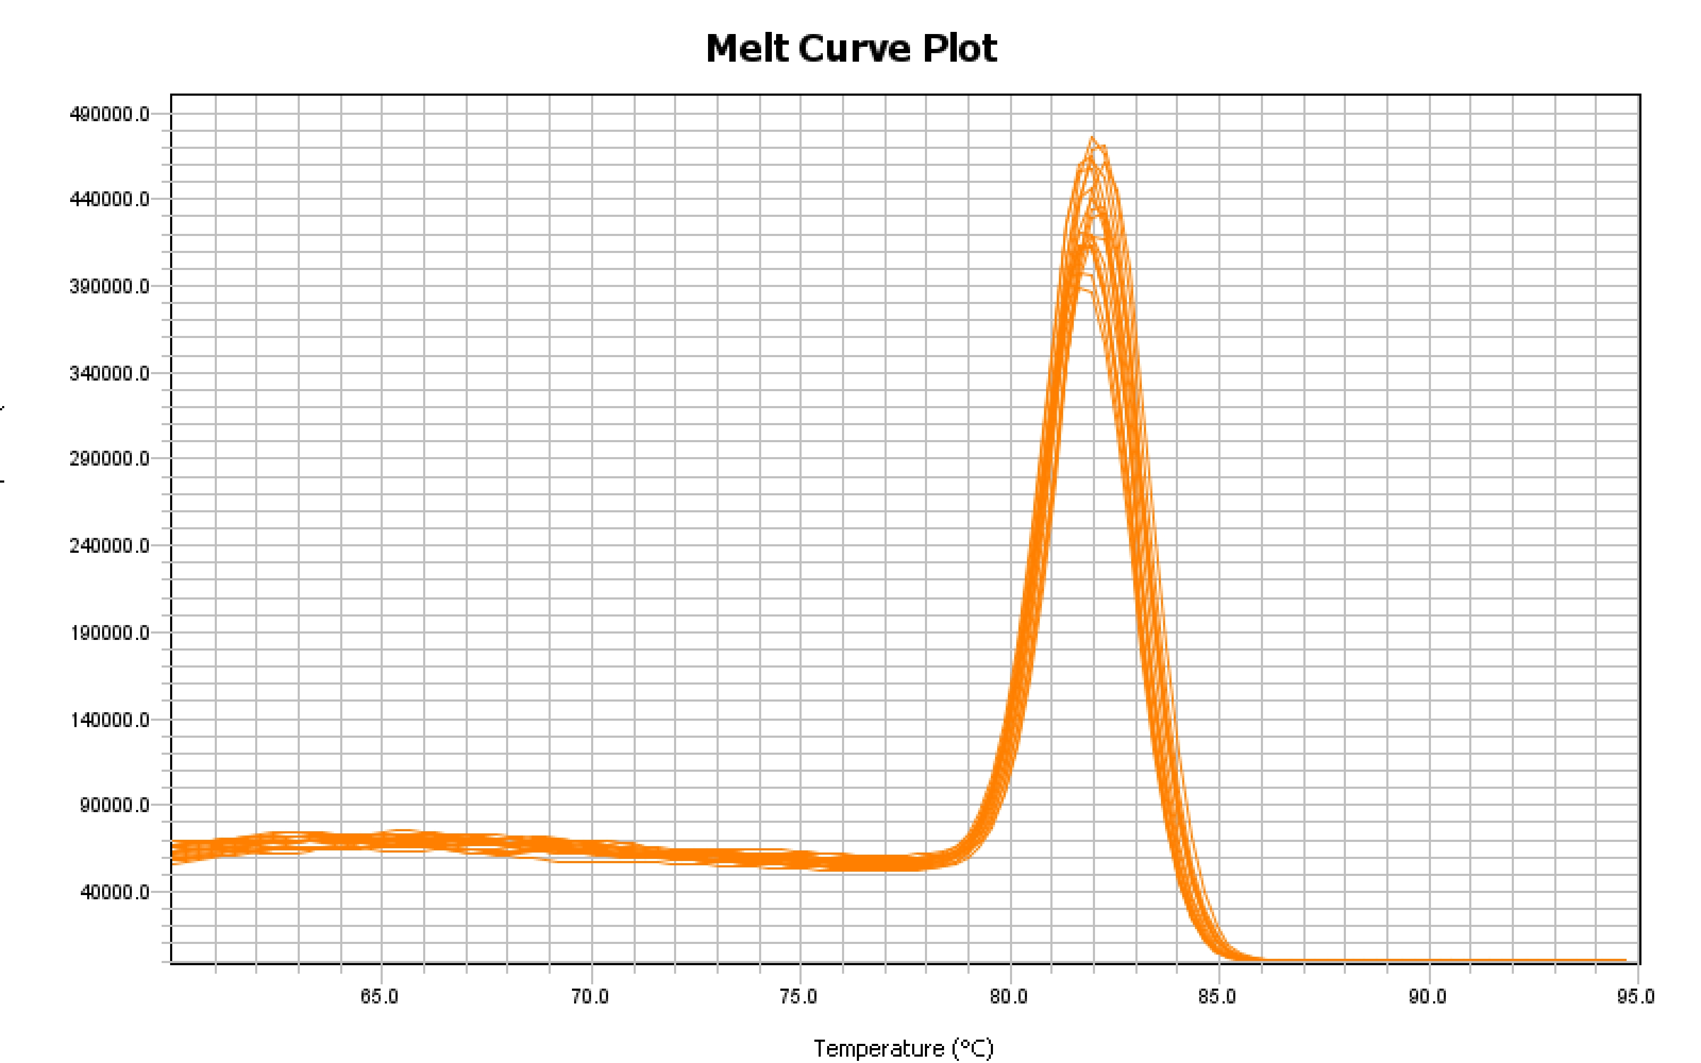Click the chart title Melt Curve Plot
851,48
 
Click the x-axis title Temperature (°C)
903,1048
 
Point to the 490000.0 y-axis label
110,114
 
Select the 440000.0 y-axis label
110,200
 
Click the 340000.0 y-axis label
110,373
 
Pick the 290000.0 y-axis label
110,459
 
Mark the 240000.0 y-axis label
110,545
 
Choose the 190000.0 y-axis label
110,632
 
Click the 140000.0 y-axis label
110,719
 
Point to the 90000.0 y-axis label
115,805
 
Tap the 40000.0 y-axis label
115,892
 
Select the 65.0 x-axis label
380,997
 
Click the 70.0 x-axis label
590,997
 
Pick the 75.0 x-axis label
798,997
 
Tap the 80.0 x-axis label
1009,997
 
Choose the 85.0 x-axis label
1217,997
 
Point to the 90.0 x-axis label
1428,997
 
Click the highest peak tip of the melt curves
1092,137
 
